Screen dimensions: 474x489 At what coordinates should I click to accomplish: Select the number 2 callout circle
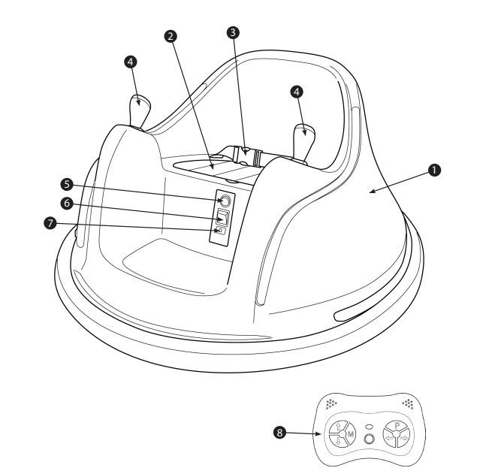(171, 36)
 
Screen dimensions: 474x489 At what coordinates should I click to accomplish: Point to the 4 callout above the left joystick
(131, 62)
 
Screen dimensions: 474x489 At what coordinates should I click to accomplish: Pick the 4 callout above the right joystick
(298, 91)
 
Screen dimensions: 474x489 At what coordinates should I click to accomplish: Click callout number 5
(66, 184)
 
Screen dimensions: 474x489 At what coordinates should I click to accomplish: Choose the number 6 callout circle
(66, 204)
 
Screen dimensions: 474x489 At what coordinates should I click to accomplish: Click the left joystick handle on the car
(139, 110)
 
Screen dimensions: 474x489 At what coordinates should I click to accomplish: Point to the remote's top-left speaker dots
(330, 403)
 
